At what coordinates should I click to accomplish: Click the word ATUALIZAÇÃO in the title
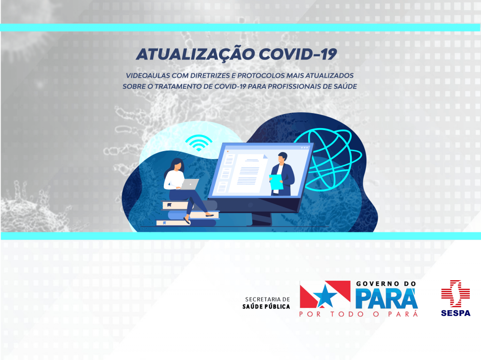point(195,54)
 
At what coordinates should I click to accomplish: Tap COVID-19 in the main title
point(298,54)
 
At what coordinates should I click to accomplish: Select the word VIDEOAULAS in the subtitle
point(148,76)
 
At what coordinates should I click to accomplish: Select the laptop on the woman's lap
point(189,184)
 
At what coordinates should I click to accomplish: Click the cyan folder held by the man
point(276,182)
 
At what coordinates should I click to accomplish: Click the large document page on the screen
point(250,173)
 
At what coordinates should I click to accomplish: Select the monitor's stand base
point(261,220)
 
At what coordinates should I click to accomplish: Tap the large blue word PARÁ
point(387,298)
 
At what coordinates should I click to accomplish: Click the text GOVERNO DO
point(386,284)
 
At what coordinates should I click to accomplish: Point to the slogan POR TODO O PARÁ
point(358,314)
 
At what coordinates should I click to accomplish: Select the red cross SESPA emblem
point(455,293)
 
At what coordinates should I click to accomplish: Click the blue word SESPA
point(456,313)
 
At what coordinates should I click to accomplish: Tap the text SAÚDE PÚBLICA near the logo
point(266,306)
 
